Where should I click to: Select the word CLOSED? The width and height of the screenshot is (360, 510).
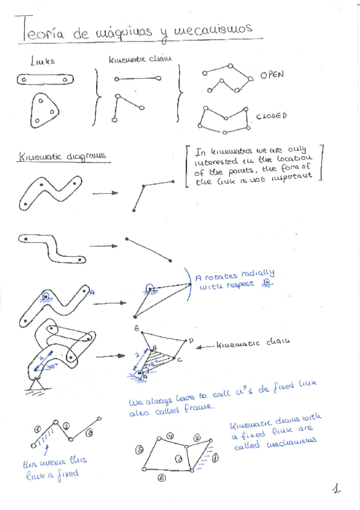[271, 116]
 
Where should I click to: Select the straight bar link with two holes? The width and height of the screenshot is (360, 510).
[45, 79]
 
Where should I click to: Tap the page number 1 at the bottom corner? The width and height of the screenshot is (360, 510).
[337, 489]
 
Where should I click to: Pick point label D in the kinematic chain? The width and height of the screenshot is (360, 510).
[191, 341]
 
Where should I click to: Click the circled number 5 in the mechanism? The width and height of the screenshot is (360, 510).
[139, 450]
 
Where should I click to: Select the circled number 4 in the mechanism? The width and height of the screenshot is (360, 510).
[171, 435]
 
